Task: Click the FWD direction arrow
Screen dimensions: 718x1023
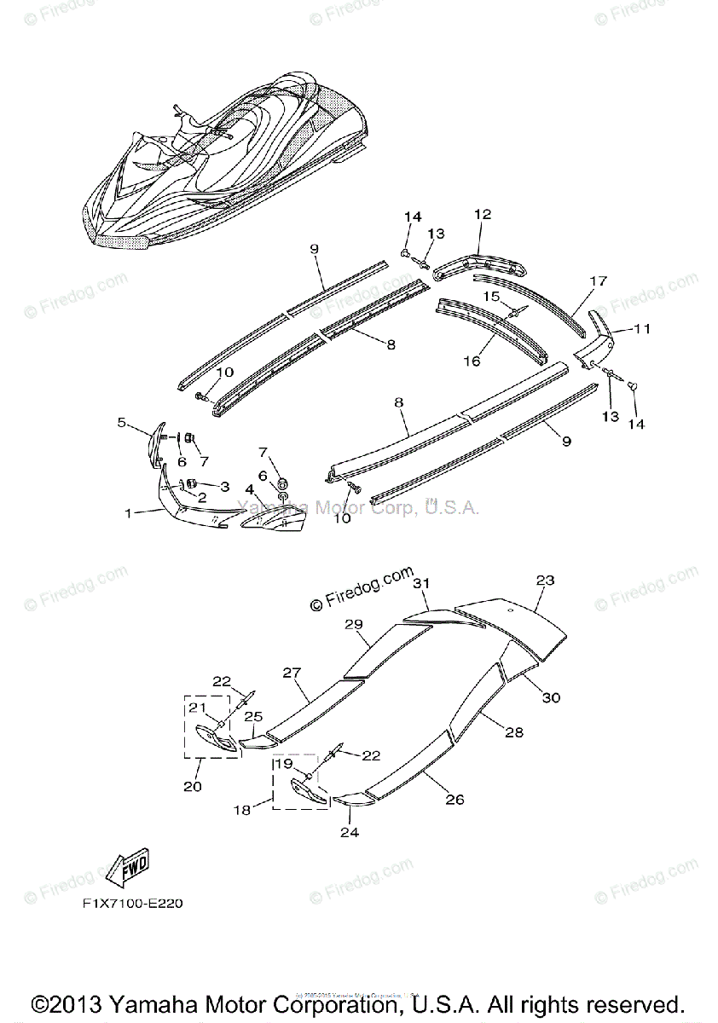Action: coord(127,869)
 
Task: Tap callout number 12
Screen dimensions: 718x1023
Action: coord(483,215)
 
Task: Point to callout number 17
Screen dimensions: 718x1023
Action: coord(598,281)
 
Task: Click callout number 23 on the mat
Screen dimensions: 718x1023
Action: coord(546,581)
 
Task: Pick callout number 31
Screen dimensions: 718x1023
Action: coord(420,583)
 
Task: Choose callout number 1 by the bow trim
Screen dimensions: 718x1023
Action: coord(128,513)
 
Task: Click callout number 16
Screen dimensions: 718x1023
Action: coord(472,361)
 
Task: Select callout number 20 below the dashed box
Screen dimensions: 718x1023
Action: coord(193,786)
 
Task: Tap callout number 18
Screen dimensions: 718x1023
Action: coord(242,810)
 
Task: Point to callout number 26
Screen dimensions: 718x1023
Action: coord(455,800)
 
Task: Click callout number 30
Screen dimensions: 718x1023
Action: coord(551,697)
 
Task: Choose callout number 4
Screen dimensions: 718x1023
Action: coord(249,489)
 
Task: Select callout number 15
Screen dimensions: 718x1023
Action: coord(492,296)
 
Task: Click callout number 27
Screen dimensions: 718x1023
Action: coord(292,673)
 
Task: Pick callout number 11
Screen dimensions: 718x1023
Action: coord(642,327)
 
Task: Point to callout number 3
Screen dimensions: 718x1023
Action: coord(225,486)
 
